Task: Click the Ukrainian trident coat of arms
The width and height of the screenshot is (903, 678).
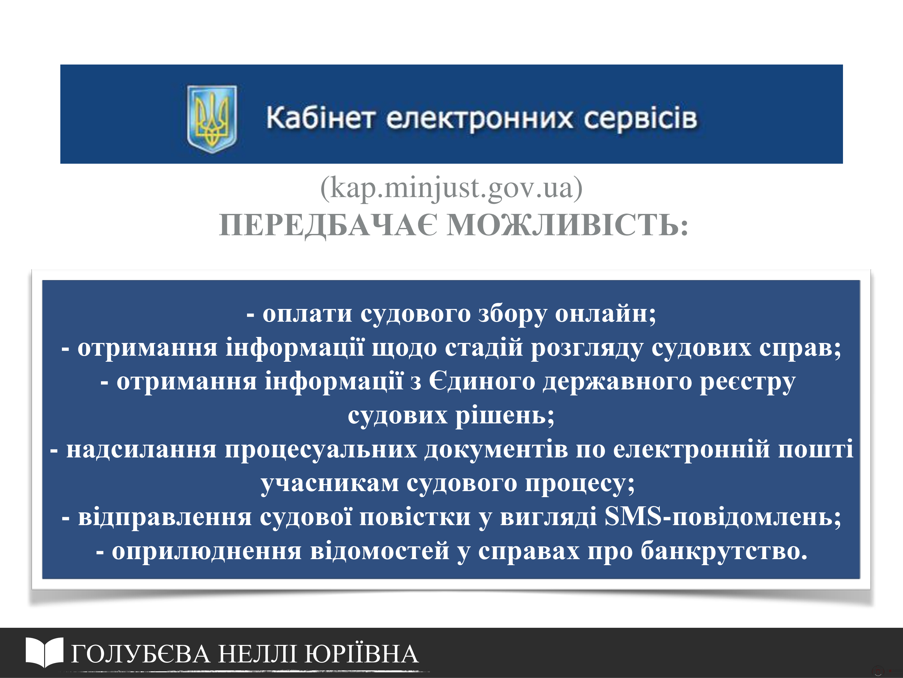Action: (211, 119)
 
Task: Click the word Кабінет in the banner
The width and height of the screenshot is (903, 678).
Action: (320, 119)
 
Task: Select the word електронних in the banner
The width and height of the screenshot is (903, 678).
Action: (480, 119)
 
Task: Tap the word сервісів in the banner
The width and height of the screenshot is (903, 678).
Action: (640, 119)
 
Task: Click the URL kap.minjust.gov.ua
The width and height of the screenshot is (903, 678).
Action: (451, 188)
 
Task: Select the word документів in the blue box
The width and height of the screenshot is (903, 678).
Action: (496, 450)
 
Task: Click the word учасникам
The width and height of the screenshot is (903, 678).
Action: (330, 484)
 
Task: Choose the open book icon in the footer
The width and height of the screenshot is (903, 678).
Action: (44, 653)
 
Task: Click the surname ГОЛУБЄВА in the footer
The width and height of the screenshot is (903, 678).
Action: (141, 654)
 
